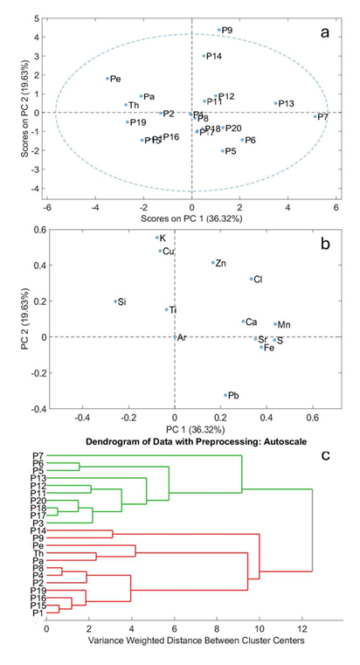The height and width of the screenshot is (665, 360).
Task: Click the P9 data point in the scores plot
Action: click(219, 31)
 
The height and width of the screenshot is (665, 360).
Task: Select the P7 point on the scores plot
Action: click(315, 116)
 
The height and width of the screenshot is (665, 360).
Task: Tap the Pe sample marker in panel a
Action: click(108, 79)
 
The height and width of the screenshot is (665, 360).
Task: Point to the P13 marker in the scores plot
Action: click(275, 103)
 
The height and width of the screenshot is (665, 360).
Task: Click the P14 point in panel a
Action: click(204, 56)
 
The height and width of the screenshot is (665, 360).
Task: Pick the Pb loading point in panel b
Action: click(225, 395)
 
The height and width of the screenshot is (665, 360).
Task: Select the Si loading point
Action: click(114, 301)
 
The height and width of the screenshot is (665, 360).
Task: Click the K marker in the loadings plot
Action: click(157, 238)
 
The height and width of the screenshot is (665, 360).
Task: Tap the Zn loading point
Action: click(212, 262)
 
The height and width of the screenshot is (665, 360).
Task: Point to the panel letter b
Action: click(324, 245)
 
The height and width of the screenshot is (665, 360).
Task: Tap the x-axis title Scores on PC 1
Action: click(182, 217)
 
